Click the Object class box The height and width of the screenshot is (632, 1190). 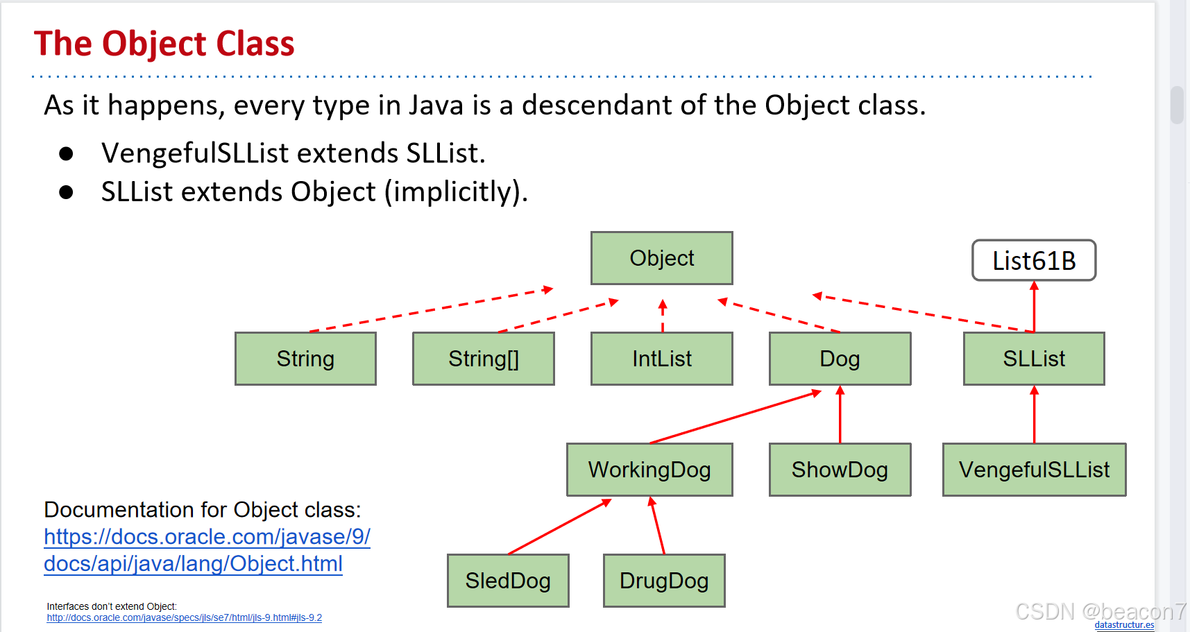click(x=661, y=258)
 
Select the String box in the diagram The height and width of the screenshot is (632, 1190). click(x=305, y=359)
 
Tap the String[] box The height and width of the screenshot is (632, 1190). click(x=483, y=359)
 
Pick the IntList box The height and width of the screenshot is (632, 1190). click(x=661, y=359)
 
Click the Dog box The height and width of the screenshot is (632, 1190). click(x=840, y=359)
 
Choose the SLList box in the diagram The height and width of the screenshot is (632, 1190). click(x=1034, y=359)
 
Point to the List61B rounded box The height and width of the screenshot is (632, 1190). click(x=1034, y=261)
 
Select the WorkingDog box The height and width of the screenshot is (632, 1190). click(x=649, y=470)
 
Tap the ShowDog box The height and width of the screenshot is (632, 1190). click(x=840, y=470)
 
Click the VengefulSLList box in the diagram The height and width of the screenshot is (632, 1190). click(x=1034, y=470)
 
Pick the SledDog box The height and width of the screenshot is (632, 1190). click(x=508, y=581)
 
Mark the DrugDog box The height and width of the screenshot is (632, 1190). click(x=664, y=581)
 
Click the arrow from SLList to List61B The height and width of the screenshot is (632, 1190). click(x=1034, y=307)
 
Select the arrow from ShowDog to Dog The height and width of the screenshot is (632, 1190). click(x=840, y=415)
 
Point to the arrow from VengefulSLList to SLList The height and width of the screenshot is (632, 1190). click(x=1034, y=415)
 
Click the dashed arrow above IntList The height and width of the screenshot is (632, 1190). click(x=663, y=316)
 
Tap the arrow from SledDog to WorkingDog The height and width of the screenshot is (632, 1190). click(x=559, y=527)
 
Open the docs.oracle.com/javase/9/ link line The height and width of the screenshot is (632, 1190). click(x=207, y=537)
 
